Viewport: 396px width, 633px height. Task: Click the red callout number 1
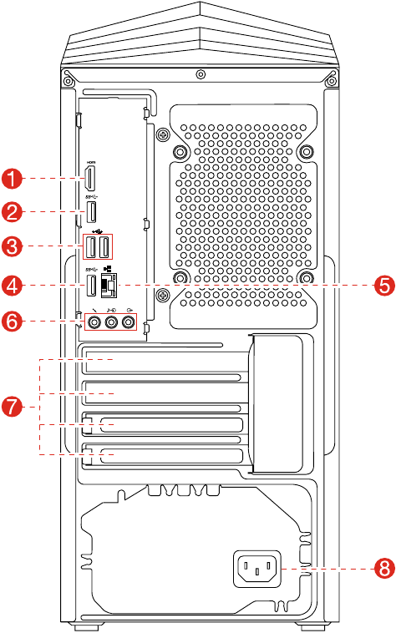(x=12, y=178)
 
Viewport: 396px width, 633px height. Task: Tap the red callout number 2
(x=12, y=211)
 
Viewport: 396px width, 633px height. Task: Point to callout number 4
(x=12, y=286)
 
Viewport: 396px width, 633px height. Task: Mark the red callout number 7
(x=12, y=407)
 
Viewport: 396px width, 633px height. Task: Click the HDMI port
(x=92, y=178)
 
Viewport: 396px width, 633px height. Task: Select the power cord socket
(x=258, y=570)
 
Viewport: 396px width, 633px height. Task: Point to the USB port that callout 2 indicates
(x=92, y=212)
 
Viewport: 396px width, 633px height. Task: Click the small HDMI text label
(x=92, y=162)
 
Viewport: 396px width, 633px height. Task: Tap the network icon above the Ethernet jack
(x=108, y=269)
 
